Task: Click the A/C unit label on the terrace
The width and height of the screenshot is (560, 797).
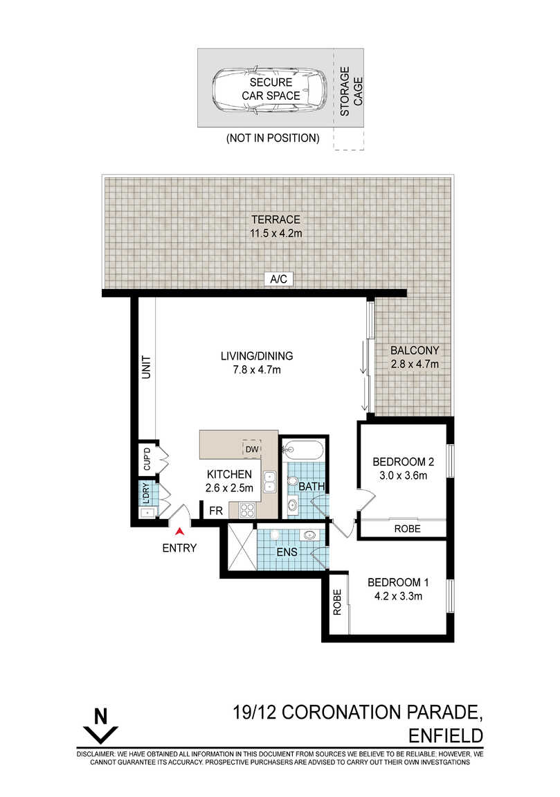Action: click(x=278, y=279)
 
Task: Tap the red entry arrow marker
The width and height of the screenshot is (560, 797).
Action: click(x=179, y=531)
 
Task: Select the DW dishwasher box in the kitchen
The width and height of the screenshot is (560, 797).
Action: click(x=252, y=449)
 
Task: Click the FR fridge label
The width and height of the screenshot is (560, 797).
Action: click(x=216, y=511)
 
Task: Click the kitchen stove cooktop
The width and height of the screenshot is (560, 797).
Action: click(x=246, y=510)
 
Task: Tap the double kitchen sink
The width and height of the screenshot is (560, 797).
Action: click(x=269, y=482)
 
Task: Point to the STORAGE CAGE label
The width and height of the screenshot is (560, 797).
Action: click(x=352, y=91)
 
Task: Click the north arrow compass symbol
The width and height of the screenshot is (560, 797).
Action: click(x=100, y=726)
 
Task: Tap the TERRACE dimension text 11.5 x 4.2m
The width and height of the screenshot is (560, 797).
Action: click(x=276, y=234)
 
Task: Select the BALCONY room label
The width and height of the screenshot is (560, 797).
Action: click(x=414, y=350)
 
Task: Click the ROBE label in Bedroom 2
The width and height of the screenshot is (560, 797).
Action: click(x=407, y=529)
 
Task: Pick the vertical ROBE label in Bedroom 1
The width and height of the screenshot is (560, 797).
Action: click(x=337, y=602)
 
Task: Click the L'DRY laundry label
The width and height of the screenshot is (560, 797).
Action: click(x=146, y=493)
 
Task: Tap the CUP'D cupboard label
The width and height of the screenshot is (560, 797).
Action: click(x=147, y=459)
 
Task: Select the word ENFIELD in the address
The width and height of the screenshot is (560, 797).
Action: click(x=446, y=735)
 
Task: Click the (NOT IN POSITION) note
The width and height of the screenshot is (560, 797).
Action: click(x=273, y=138)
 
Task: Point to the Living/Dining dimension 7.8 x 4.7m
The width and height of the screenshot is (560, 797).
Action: click(x=257, y=370)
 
